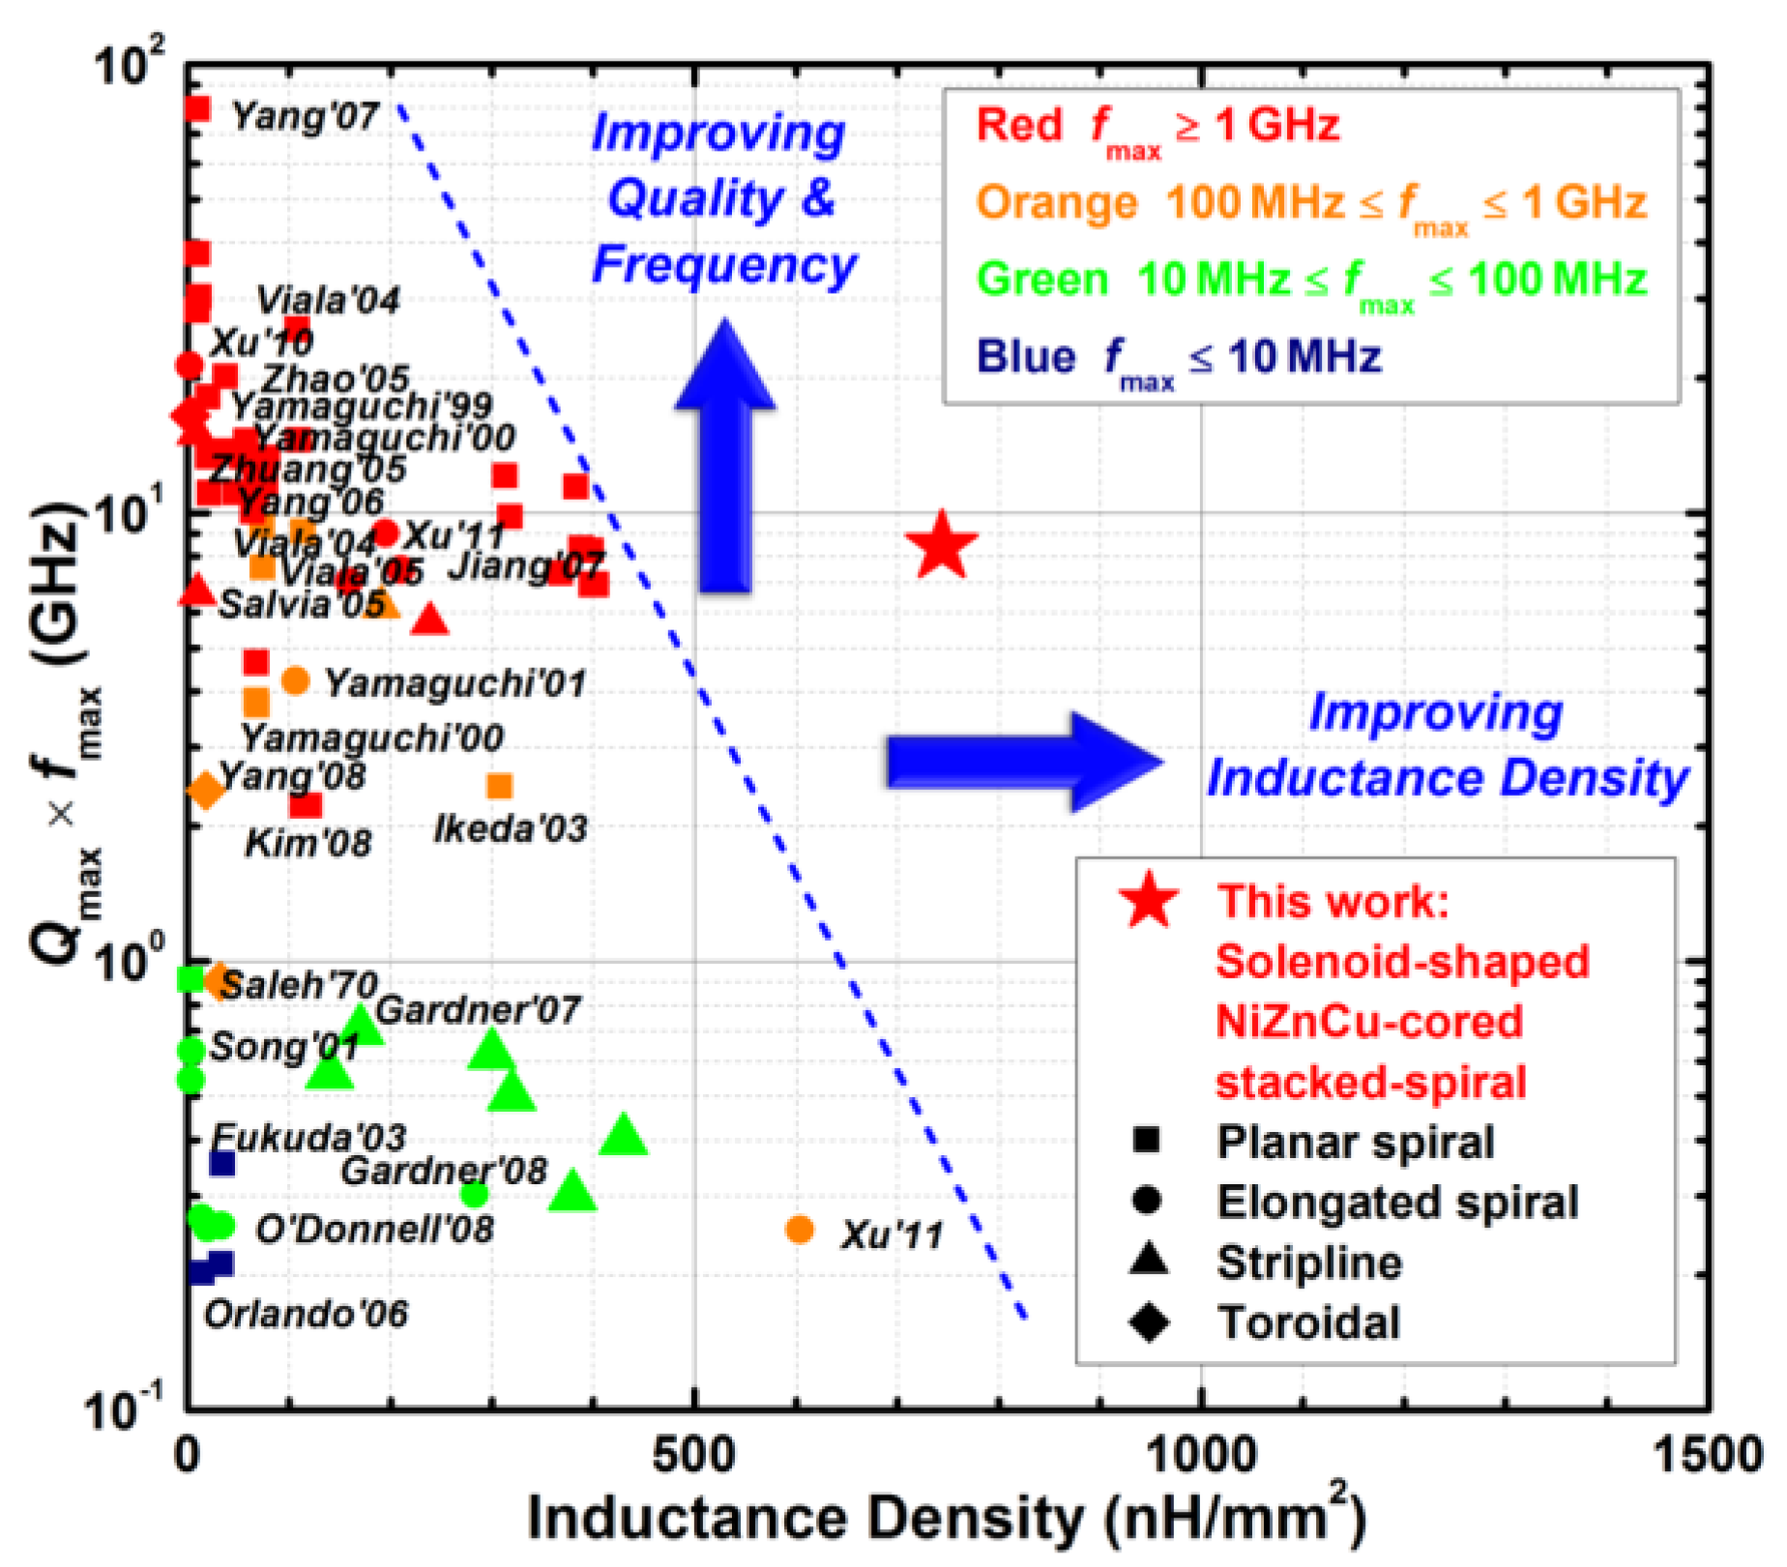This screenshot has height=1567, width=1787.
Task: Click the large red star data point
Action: pyautogui.click(x=942, y=546)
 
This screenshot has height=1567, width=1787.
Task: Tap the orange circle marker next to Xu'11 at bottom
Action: pyautogui.click(x=800, y=1230)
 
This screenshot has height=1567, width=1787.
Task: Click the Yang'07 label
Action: pyautogui.click(x=306, y=116)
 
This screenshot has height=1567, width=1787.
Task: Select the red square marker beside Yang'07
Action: pyautogui.click(x=196, y=108)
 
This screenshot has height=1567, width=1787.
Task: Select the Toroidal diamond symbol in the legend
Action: pyautogui.click(x=1149, y=1321)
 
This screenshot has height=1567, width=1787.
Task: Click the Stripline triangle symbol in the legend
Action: pyautogui.click(x=1149, y=1261)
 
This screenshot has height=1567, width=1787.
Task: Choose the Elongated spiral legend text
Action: pyautogui.click(x=1397, y=1202)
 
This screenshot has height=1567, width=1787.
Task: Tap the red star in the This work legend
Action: pyautogui.click(x=1149, y=900)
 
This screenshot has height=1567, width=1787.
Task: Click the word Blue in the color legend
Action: pyautogui.click(x=1025, y=357)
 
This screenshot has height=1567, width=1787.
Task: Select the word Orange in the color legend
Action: pyautogui.click(x=1056, y=203)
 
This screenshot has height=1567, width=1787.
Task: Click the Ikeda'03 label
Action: pyautogui.click(x=510, y=829)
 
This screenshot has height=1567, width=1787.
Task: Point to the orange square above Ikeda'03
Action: pyautogui.click(x=499, y=786)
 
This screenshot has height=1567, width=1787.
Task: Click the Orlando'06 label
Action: pyautogui.click(x=306, y=1314)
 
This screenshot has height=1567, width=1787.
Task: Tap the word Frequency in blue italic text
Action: pyautogui.click(x=725, y=265)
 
